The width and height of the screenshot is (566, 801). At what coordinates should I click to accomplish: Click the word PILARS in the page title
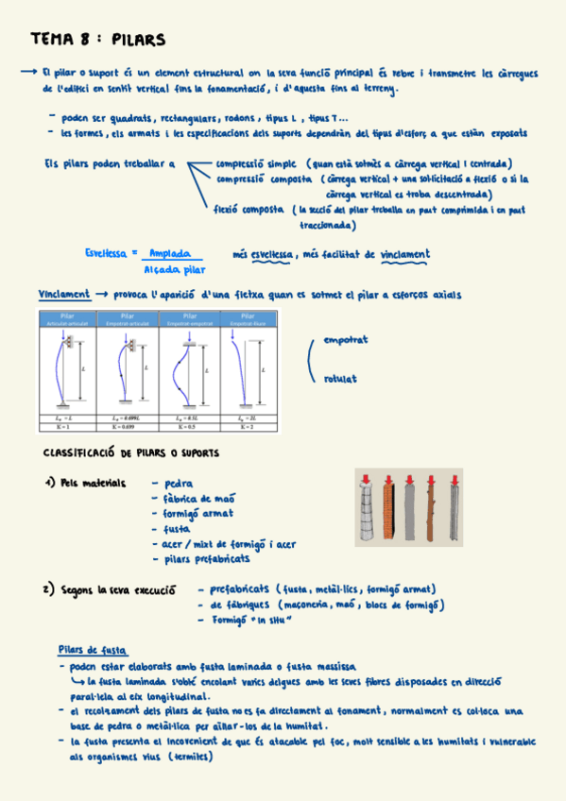coord(138,40)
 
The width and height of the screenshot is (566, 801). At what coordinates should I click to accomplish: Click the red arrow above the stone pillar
coord(365,475)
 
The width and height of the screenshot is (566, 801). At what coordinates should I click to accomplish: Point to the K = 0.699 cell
coord(123,427)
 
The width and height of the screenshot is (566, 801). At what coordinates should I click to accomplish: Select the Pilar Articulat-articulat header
coord(67,320)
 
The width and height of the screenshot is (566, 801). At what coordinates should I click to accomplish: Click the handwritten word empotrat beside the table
coord(345,339)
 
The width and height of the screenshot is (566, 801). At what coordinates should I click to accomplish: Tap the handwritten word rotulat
coord(340,378)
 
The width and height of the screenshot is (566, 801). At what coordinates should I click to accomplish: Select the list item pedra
coord(179,484)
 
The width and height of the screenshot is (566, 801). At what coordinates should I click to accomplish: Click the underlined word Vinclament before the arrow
coord(64,294)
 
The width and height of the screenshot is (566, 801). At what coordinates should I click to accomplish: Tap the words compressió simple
coord(255,163)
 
